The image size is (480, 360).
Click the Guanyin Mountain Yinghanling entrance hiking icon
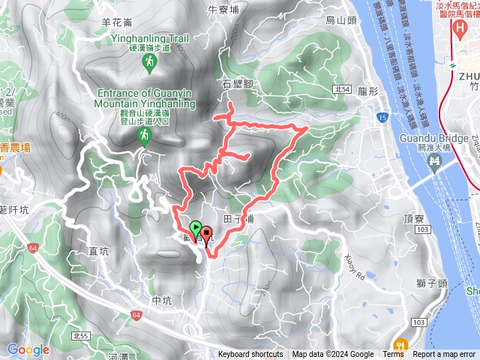(142, 135)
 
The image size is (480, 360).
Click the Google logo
(28, 349)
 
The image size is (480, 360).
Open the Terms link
(393, 355)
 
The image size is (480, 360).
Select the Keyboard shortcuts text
(250, 355)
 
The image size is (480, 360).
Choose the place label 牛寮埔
(223, 10)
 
